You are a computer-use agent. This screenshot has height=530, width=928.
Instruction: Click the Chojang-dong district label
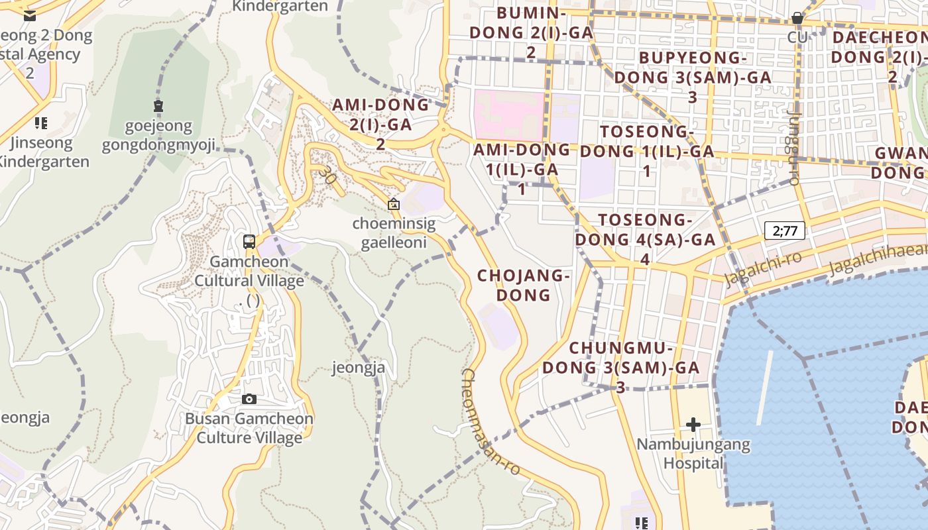pos(524,285)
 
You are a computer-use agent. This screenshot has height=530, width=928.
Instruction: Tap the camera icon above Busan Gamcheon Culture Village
pos(249,399)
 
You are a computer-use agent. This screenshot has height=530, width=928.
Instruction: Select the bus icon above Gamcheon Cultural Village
pos(249,242)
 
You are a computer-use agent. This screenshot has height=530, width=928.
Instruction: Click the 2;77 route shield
pos(785,231)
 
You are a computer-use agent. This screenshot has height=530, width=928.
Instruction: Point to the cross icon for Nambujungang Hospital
pos(693,424)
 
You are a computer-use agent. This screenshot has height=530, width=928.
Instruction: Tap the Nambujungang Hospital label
pos(693,453)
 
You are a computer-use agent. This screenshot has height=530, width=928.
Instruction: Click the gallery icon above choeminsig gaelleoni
pos(394,204)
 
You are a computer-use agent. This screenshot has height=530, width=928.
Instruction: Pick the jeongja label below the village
pos(359,368)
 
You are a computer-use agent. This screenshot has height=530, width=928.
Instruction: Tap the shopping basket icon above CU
pos(797,18)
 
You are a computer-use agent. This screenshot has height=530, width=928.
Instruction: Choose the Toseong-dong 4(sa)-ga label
pos(645,238)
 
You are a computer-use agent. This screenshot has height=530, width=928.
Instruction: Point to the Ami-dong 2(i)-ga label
pos(380,123)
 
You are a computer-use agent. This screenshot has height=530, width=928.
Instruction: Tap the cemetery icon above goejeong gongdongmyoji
pos(158,105)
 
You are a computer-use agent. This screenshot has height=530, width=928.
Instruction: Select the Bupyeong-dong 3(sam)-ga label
pos(693,77)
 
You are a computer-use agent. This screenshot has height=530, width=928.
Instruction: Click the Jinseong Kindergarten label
pos(44,152)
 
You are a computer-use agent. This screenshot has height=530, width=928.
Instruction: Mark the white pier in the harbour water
pos(764,388)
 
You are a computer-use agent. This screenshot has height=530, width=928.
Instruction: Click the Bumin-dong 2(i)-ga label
pos(531,32)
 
